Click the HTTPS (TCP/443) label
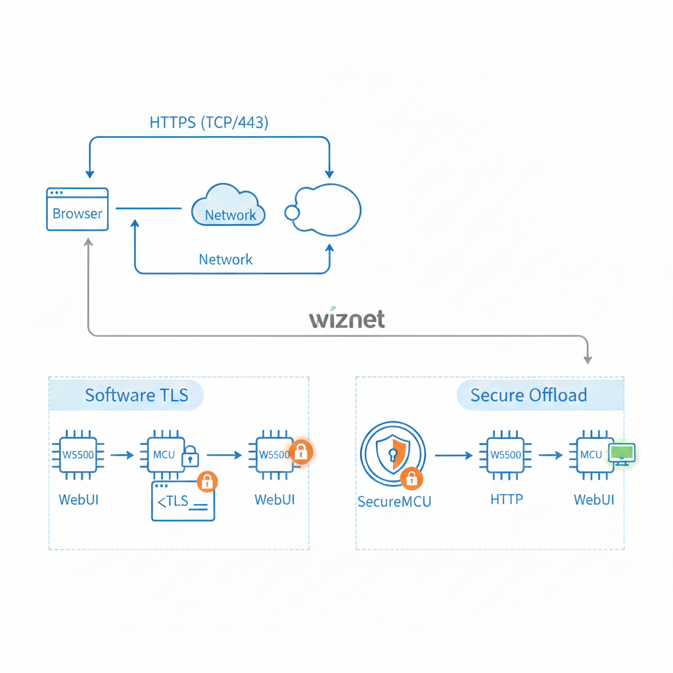[x=209, y=122]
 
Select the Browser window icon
[x=78, y=210]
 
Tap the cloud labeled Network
[x=229, y=206]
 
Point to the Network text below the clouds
[x=225, y=260]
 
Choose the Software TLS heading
[x=136, y=395]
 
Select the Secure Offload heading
[x=528, y=395]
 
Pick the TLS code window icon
[x=183, y=501]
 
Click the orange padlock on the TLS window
[x=207, y=482]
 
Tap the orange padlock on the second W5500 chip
[x=301, y=452]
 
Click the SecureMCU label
[x=394, y=501]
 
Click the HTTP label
[x=507, y=499]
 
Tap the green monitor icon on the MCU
[x=621, y=453]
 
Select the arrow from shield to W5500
[x=453, y=455]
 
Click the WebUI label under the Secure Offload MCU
[x=594, y=499]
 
